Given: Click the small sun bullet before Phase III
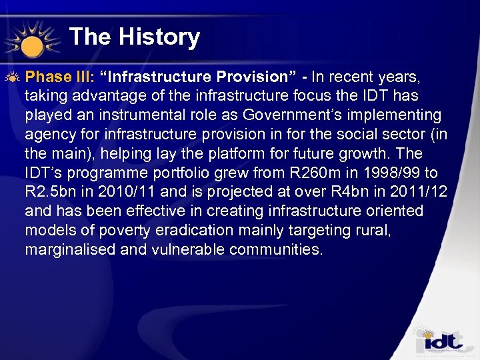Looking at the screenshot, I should (13, 77).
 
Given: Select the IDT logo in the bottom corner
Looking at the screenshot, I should (439, 341).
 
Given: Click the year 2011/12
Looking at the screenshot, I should (415, 193).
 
